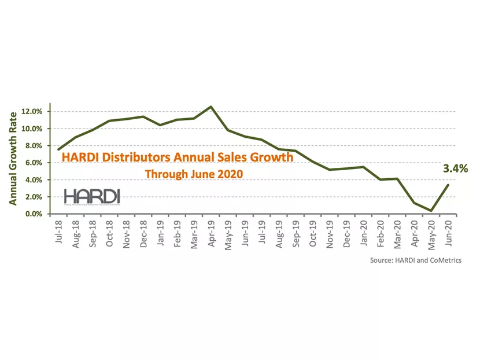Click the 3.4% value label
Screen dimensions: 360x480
point(455,169)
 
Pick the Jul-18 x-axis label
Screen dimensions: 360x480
point(59,230)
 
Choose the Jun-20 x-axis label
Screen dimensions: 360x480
point(447,231)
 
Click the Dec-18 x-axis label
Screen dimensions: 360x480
point(143,232)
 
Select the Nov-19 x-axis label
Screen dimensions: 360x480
point(329,232)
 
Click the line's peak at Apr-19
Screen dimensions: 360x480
point(211,106)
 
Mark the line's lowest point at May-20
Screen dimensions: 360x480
point(431,211)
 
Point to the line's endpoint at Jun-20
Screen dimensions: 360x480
point(448,185)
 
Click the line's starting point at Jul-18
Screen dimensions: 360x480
point(58,150)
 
